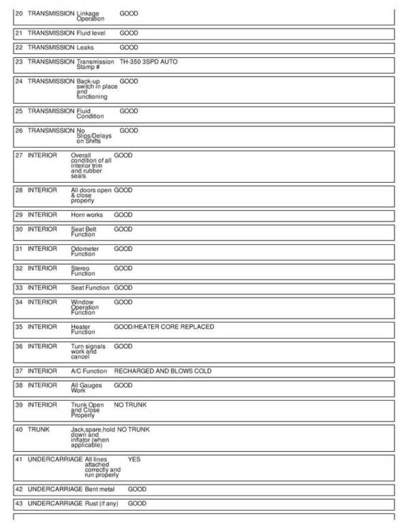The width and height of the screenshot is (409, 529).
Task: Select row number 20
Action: click(x=18, y=13)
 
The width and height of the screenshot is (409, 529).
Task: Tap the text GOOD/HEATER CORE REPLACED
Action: click(x=164, y=327)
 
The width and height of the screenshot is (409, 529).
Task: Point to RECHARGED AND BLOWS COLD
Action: click(x=162, y=371)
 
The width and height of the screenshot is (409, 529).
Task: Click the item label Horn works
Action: click(x=87, y=215)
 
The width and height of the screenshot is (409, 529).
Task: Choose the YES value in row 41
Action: click(x=134, y=459)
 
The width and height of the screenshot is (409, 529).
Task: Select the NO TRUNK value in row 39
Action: click(x=130, y=405)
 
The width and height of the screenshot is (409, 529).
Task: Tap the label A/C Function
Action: click(x=89, y=371)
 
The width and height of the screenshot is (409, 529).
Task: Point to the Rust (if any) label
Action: click(x=104, y=503)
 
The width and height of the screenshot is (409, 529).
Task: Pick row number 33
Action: click(x=18, y=288)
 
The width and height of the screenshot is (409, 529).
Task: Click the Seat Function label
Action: click(x=90, y=288)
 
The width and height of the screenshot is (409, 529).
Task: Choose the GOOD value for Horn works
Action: click(x=123, y=215)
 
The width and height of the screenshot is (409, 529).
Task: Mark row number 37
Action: click(x=18, y=371)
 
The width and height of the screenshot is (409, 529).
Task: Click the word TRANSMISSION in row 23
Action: click(x=50, y=61)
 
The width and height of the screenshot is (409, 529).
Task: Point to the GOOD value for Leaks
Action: click(x=128, y=48)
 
